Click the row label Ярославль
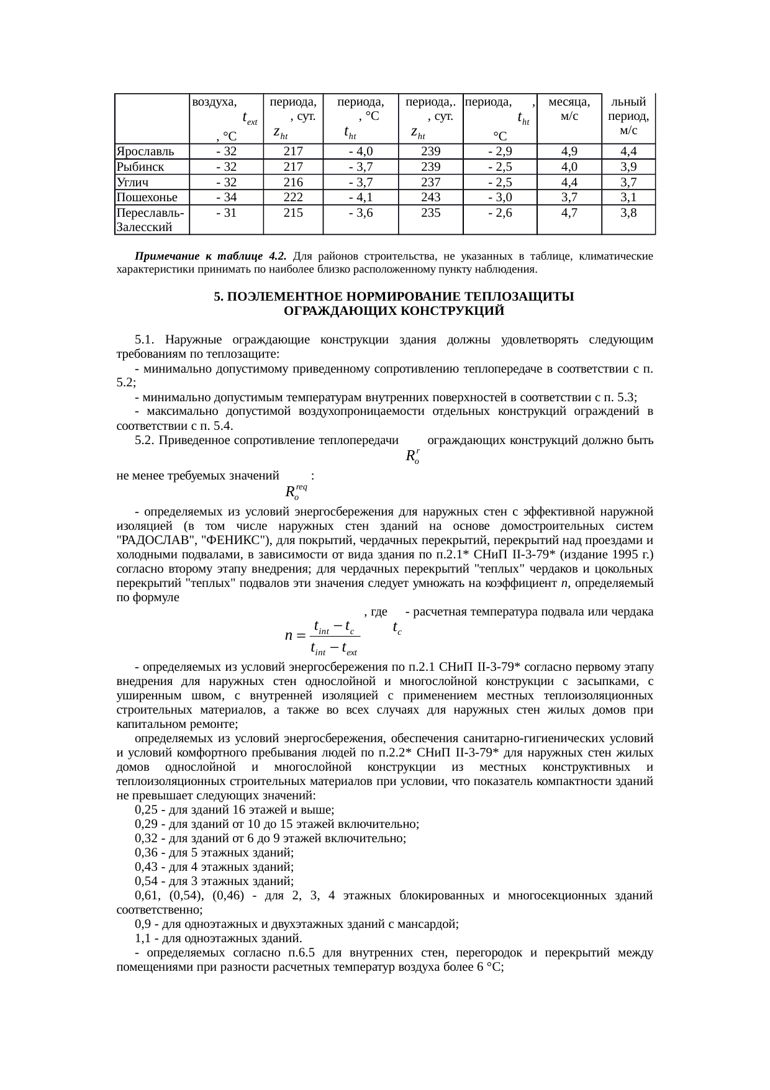coord(145,151)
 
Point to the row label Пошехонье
coord(147,198)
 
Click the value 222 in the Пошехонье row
coord(292,198)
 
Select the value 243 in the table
coord(430,198)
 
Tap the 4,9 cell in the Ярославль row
coord(569,151)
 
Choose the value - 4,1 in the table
coord(360,198)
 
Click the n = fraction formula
coord(323,635)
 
